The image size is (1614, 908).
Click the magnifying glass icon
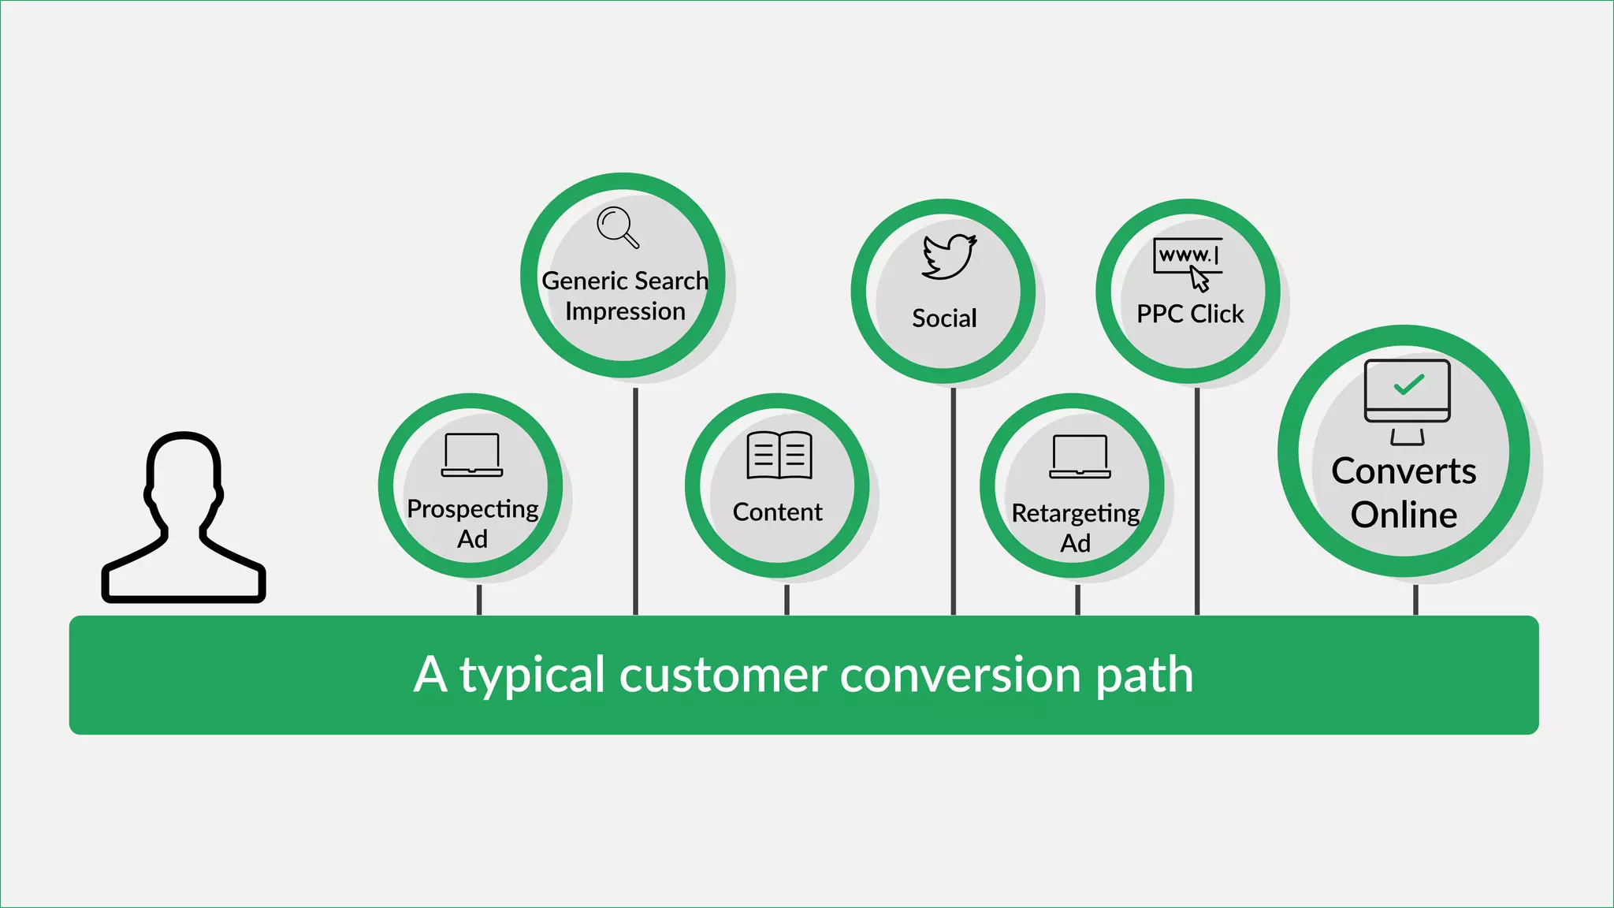click(x=617, y=227)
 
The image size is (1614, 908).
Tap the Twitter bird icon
click(x=949, y=256)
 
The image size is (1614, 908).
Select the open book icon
click(x=779, y=455)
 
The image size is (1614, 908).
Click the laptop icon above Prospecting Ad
click(x=472, y=455)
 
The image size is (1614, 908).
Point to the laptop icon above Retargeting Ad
click(x=1080, y=456)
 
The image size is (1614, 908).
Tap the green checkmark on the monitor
click(x=1408, y=385)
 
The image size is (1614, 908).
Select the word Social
click(x=944, y=318)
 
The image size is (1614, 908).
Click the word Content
click(x=777, y=512)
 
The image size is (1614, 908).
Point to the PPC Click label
click(x=1190, y=314)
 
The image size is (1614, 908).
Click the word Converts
click(x=1404, y=471)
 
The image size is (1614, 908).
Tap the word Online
click(x=1404, y=515)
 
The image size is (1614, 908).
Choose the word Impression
click(x=625, y=311)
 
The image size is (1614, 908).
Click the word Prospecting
click(x=472, y=509)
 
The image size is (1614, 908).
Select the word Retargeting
click(x=1075, y=514)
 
